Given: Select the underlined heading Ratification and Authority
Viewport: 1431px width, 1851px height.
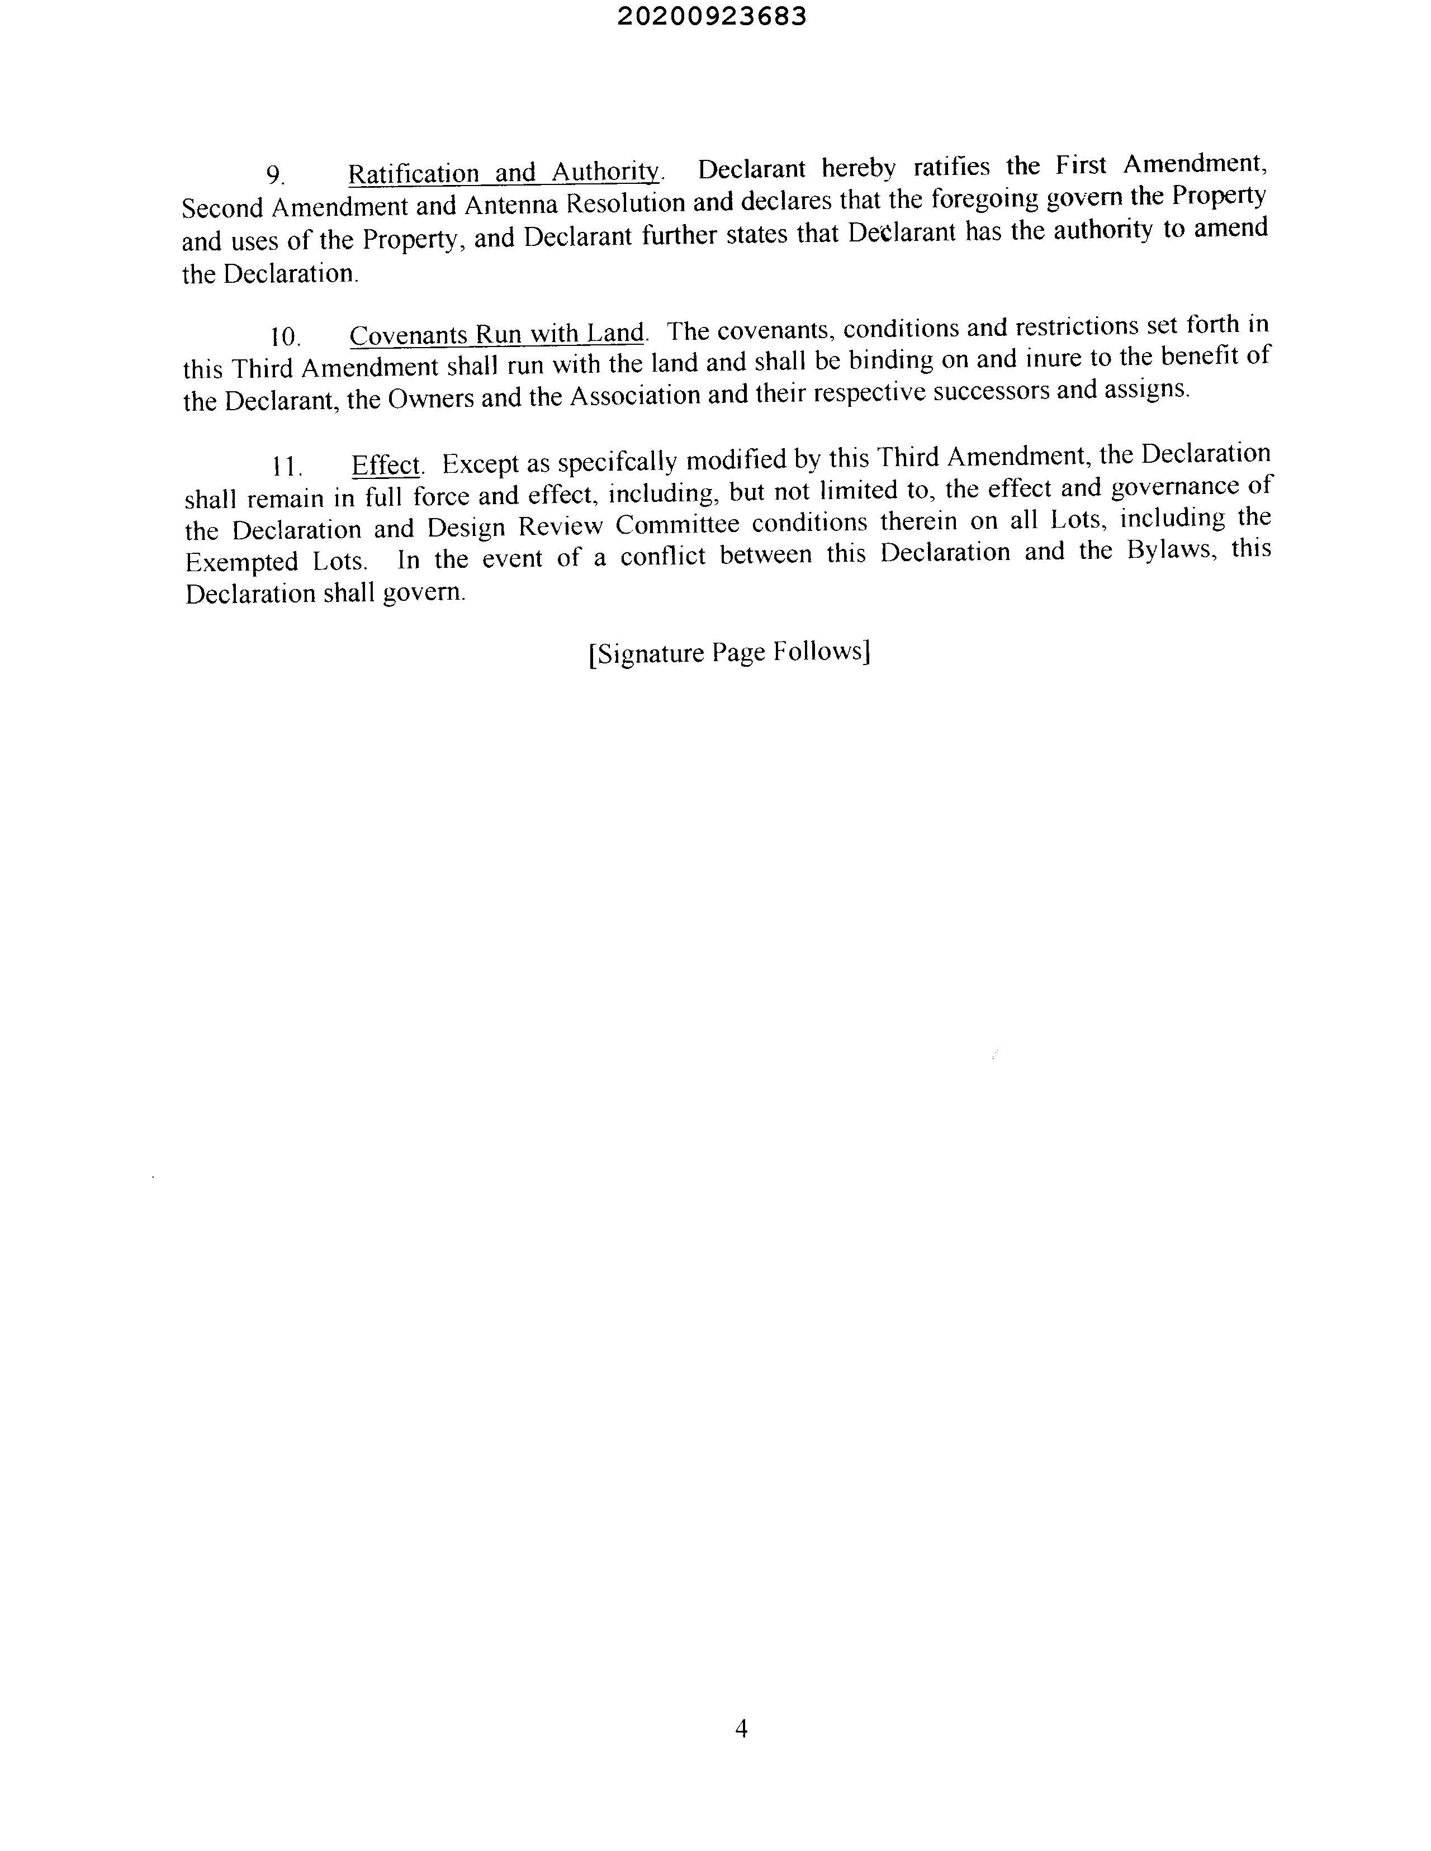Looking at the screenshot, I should [504, 172].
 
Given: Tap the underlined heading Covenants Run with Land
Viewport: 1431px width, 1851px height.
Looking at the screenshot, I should [497, 333].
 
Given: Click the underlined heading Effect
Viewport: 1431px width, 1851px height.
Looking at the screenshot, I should [386, 464].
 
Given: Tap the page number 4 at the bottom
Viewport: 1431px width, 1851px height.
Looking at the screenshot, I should [741, 1728].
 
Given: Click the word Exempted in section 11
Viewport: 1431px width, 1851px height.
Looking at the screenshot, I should [241, 562].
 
